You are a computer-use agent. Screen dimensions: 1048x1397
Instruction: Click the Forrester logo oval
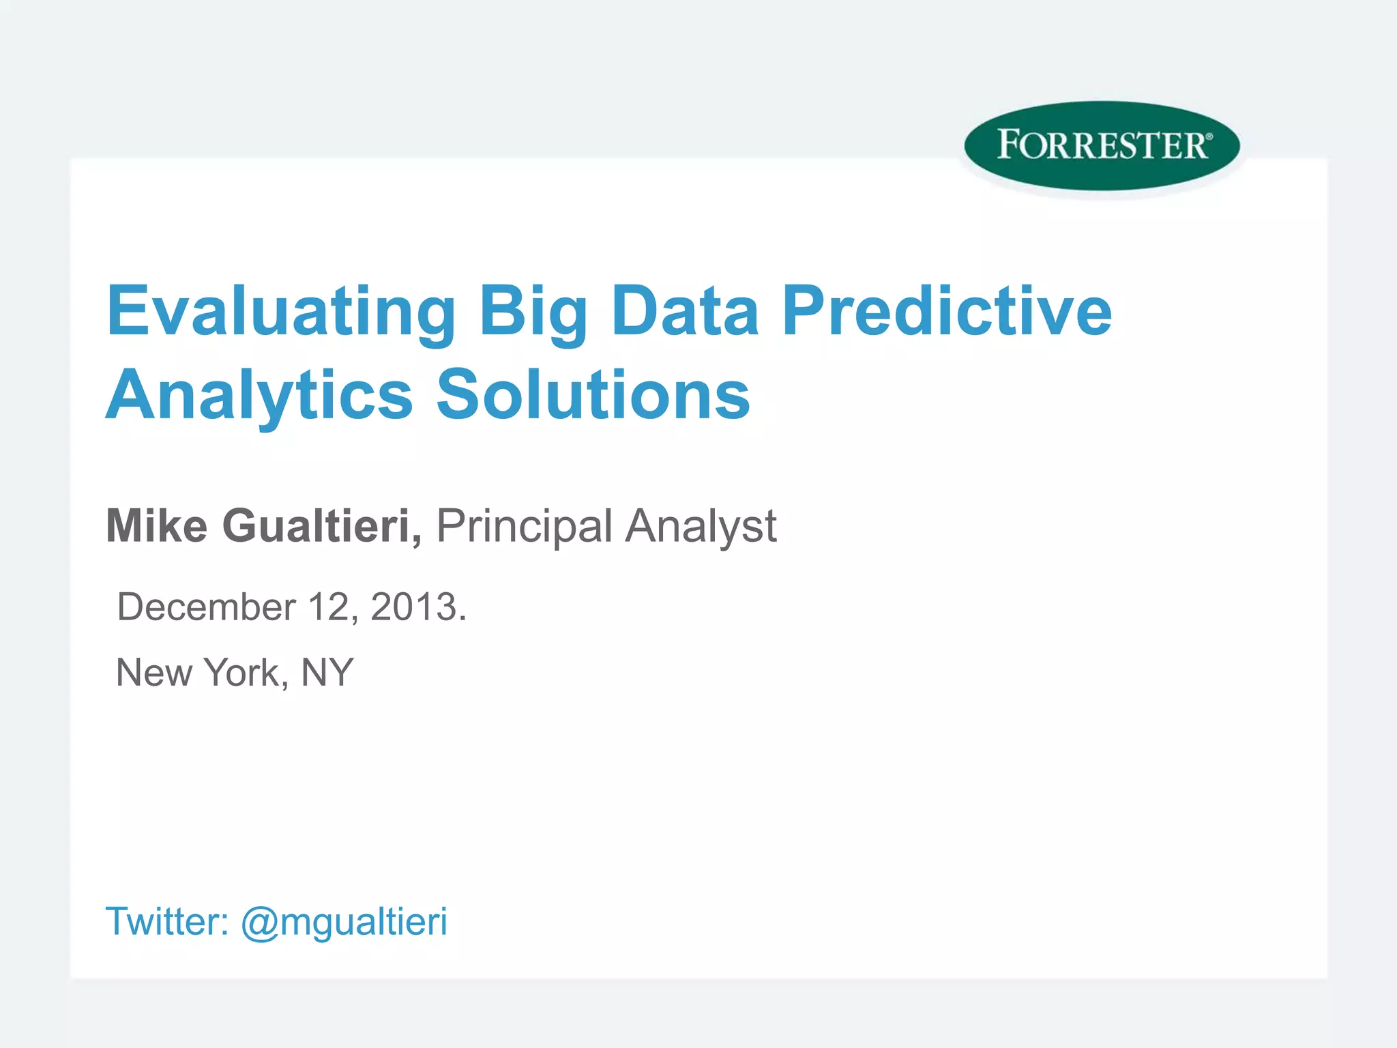pyautogui.click(x=1102, y=145)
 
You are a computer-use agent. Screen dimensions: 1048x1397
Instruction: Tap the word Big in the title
pyautogui.click(x=533, y=311)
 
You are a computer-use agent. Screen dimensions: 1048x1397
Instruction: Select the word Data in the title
pyautogui.click(x=685, y=311)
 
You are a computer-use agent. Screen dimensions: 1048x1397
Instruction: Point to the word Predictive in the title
pyautogui.click(x=947, y=311)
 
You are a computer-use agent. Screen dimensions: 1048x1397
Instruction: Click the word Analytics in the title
pyautogui.click(x=259, y=396)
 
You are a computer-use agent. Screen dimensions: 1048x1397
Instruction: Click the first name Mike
pyautogui.click(x=157, y=526)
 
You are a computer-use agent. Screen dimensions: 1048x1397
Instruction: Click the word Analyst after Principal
pyautogui.click(x=701, y=527)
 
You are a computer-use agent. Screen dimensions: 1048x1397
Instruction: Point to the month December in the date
pyautogui.click(x=207, y=607)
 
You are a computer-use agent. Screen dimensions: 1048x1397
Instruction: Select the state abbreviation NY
pyautogui.click(x=327, y=672)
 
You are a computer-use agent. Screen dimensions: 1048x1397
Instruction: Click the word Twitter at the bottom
pyautogui.click(x=166, y=921)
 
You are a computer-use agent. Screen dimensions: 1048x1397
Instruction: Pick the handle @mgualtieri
pyautogui.click(x=344, y=922)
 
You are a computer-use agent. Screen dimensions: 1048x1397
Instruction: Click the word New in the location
pyautogui.click(x=154, y=672)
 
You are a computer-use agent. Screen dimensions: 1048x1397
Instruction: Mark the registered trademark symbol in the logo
pyautogui.click(x=1209, y=137)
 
